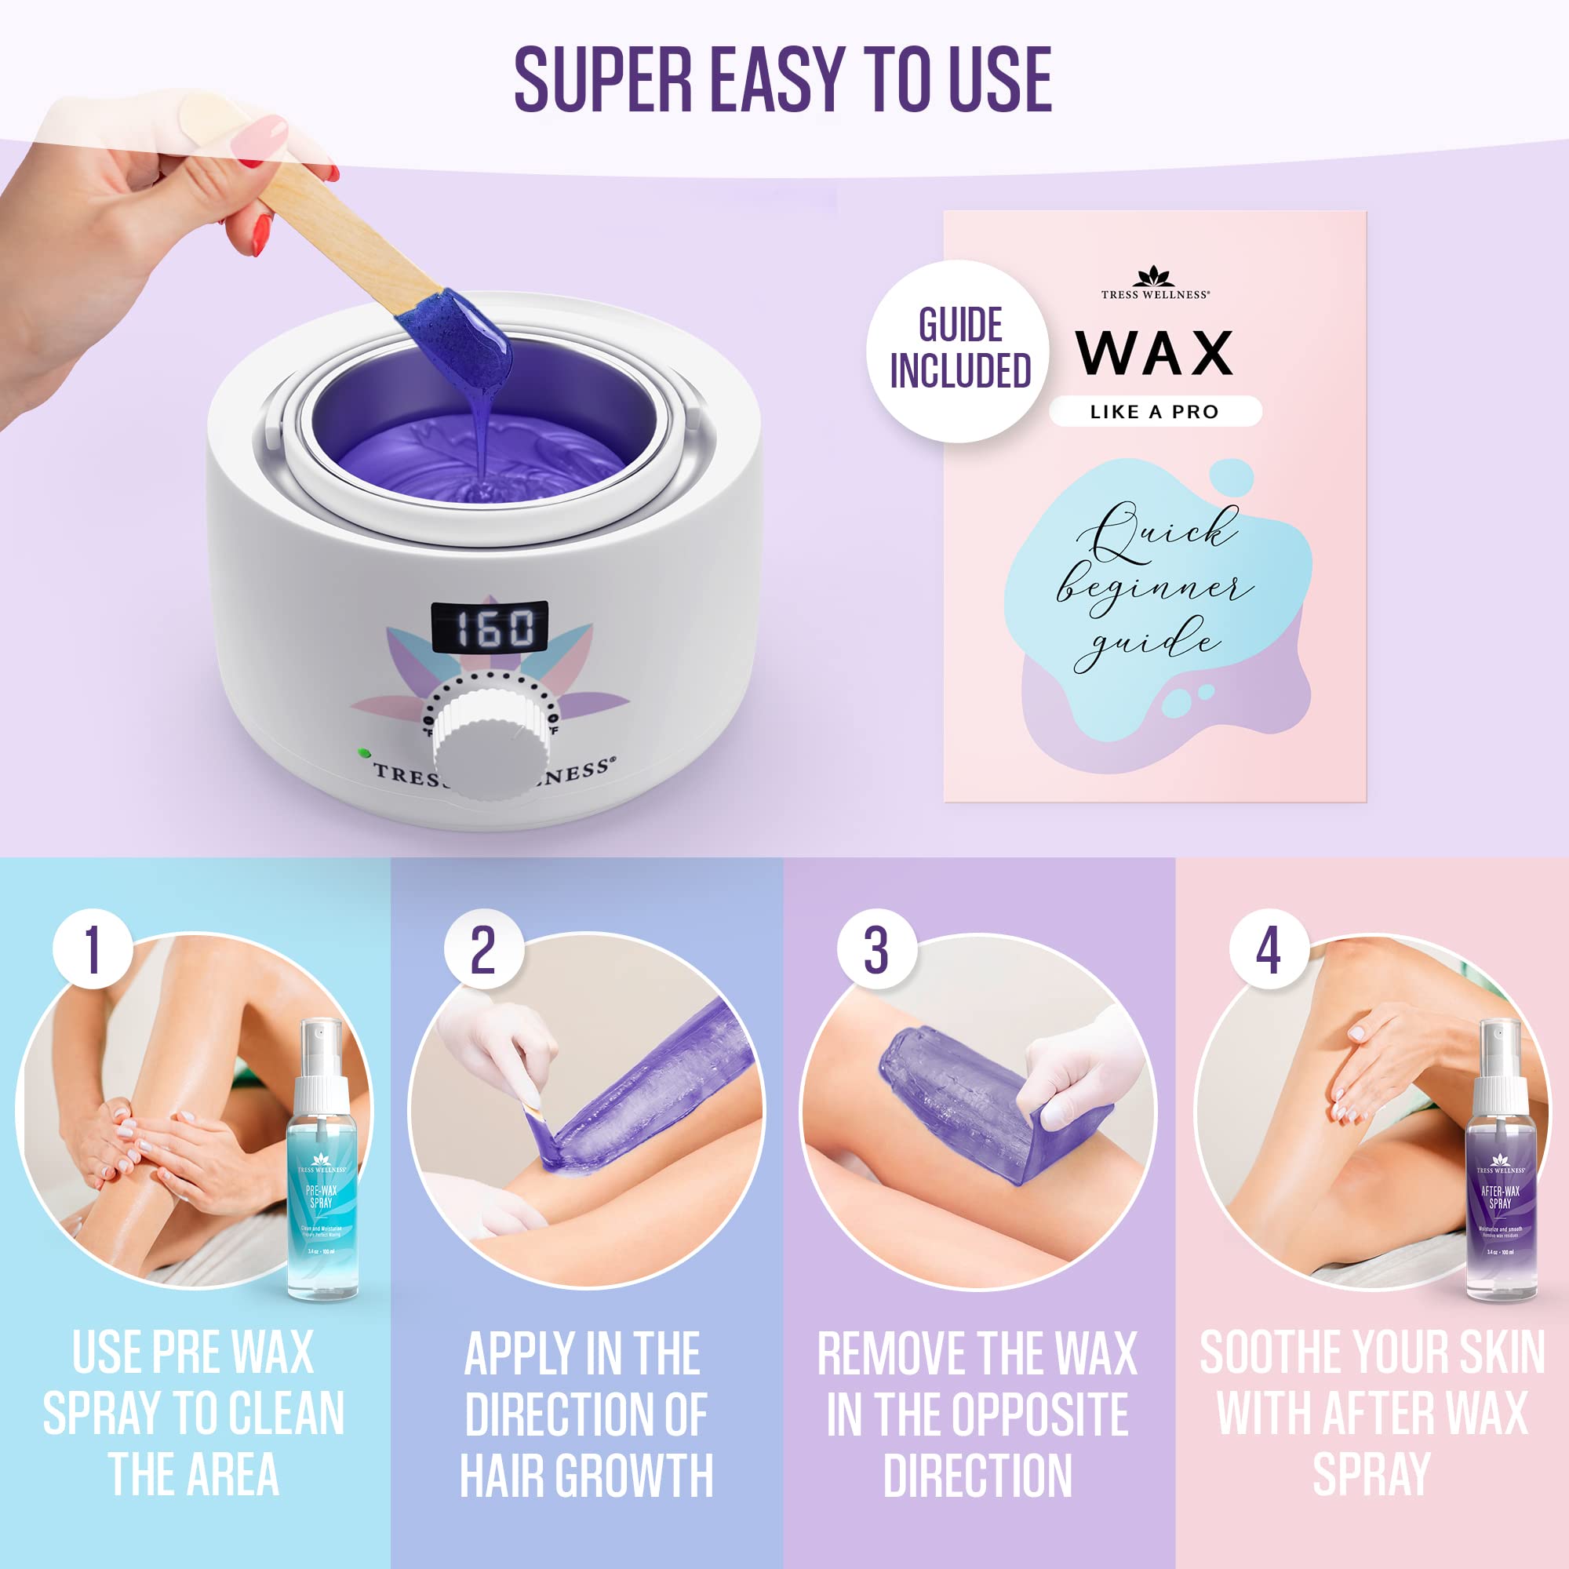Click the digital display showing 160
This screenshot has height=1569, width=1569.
pyautogui.click(x=489, y=627)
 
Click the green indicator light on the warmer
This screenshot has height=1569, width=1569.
pyautogui.click(x=362, y=752)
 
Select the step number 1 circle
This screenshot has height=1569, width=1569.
pyautogui.click(x=93, y=948)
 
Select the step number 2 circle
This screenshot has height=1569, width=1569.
pyautogui.click(x=483, y=948)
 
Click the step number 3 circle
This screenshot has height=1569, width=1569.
pyautogui.click(x=876, y=948)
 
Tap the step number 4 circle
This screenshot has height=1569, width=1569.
pyautogui.click(x=1269, y=948)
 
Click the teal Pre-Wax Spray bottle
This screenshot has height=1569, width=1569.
pyautogui.click(x=322, y=1170)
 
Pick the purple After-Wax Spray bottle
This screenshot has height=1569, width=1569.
pyautogui.click(x=1500, y=1170)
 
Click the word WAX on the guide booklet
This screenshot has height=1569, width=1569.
pyautogui.click(x=1154, y=353)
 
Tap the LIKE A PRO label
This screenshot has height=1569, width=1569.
pyautogui.click(x=1154, y=412)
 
